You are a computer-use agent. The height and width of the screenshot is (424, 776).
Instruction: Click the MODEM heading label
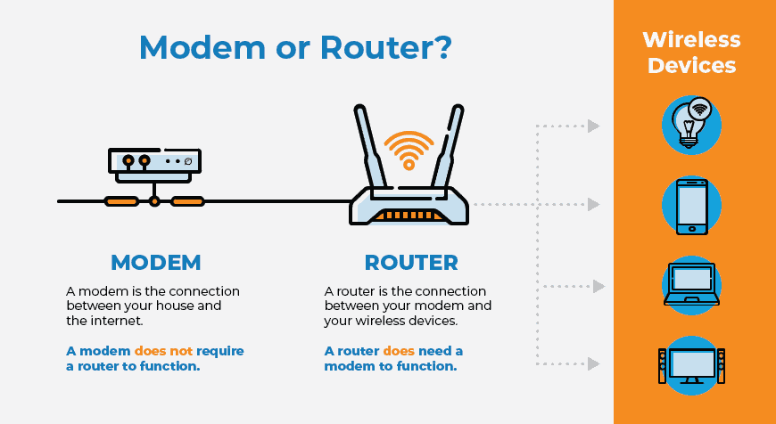tap(155, 262)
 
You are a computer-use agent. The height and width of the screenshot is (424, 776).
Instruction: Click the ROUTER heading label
tap(411, 262)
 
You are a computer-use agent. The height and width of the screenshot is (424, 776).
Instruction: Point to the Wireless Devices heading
tap(691, 53)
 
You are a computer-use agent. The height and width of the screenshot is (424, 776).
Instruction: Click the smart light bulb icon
tap(690, 123)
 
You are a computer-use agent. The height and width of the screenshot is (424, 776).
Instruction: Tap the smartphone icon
tap(691, 205)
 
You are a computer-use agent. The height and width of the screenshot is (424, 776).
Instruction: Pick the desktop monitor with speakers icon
tap(691, 363)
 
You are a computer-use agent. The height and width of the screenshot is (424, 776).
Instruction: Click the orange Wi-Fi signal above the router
tap(409, 148)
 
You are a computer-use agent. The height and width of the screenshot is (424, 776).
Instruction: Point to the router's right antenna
tap(450, 147)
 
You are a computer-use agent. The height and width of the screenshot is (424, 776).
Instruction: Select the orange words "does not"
tap(161, 351)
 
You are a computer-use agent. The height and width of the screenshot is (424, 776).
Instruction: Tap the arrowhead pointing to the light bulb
tap(593, 126)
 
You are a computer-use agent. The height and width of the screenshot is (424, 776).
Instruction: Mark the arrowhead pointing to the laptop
tap(599, 287)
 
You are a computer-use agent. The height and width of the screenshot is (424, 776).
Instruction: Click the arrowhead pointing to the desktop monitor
tap(593, 363)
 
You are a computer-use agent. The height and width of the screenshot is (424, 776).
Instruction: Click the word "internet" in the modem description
tap(120, 321)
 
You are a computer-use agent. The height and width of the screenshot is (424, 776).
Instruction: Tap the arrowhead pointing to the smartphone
tap(593, 205)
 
